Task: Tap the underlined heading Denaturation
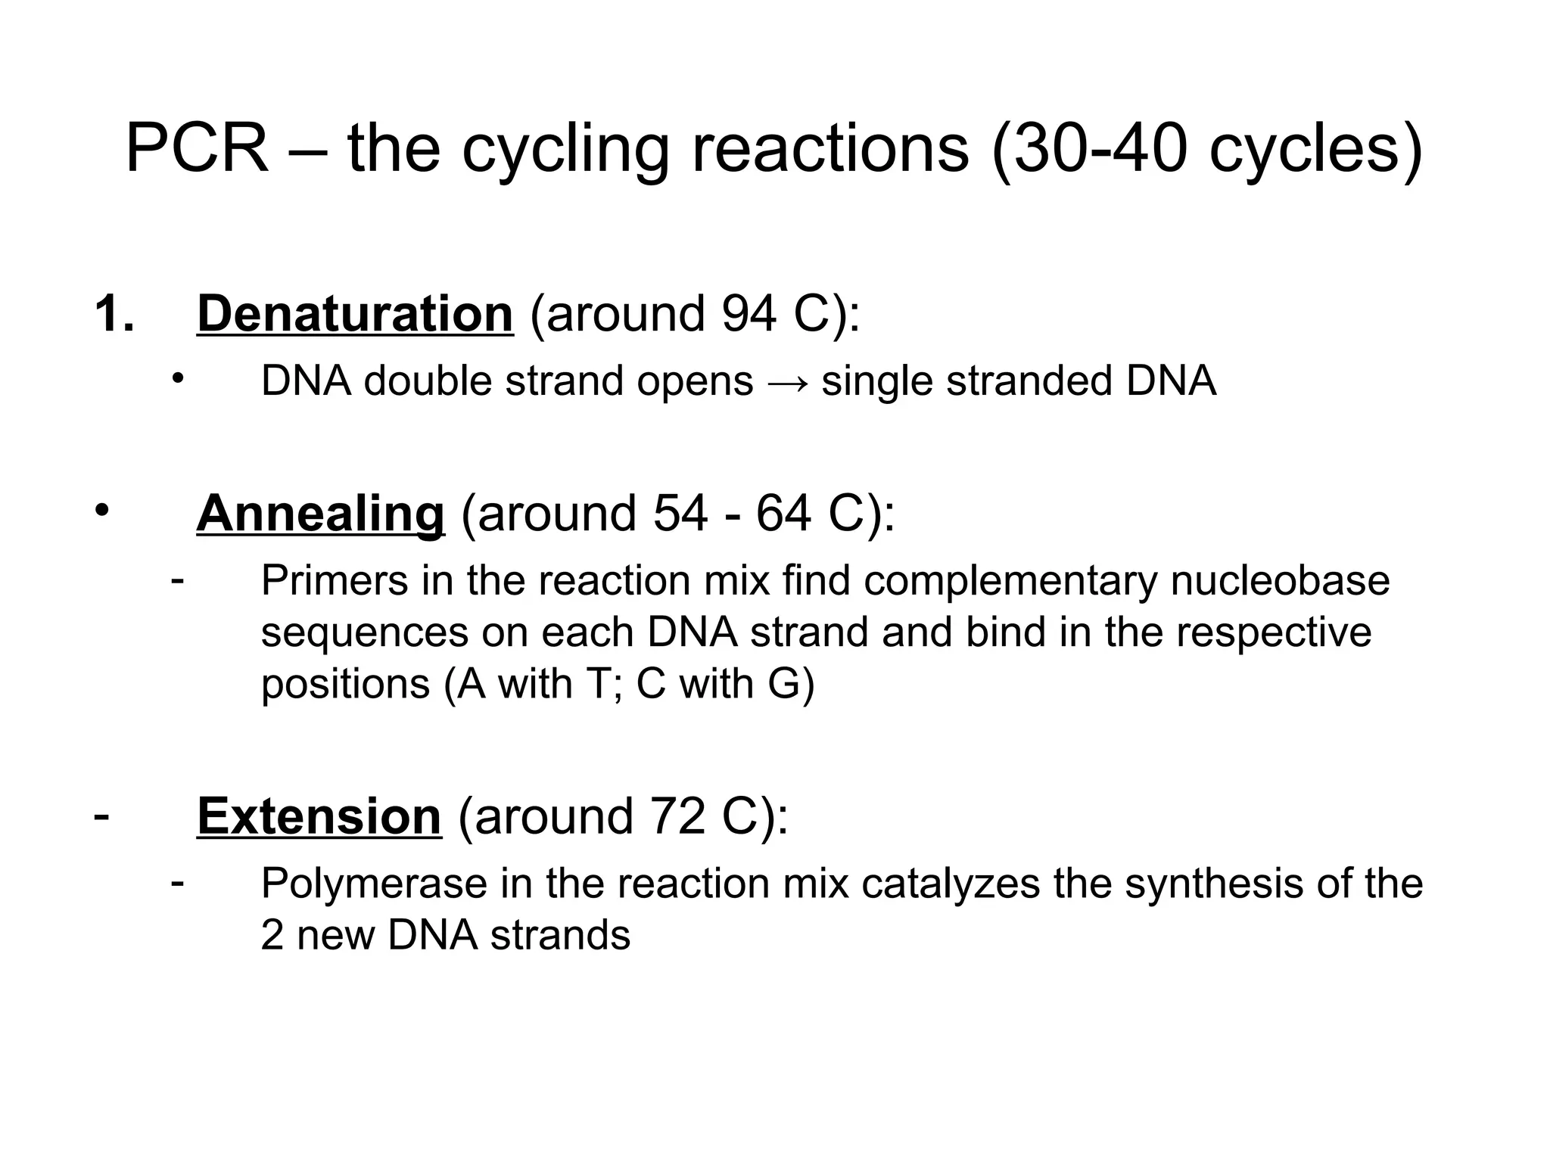click(x=355, y=313)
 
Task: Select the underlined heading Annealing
click(x=320, y=514)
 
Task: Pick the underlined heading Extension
click(x=319, y=816)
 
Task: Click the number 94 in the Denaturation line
click(x=749, y=313)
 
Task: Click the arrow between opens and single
click(x=788, y=381)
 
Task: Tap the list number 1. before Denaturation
click(x=114, y=313)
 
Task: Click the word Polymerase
click(x=374, y=884)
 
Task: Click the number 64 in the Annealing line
click(x=784, y=514)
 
